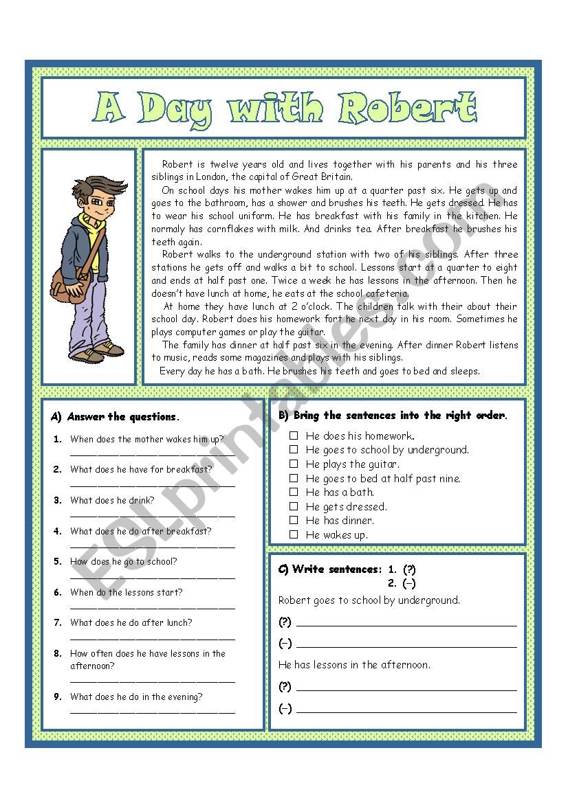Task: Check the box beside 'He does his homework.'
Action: click(294, 436)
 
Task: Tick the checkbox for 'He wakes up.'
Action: click(294, 534)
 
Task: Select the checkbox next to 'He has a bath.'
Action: click(294, 492)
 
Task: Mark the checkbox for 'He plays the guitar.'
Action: click(294, 464)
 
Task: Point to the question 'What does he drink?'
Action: click(112, 500)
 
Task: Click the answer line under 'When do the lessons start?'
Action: click(152, 607)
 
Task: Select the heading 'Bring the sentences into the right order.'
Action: click(400, 416)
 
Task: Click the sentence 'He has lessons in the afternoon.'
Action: click(354, 665)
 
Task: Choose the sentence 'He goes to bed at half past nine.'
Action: click(383, 478)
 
